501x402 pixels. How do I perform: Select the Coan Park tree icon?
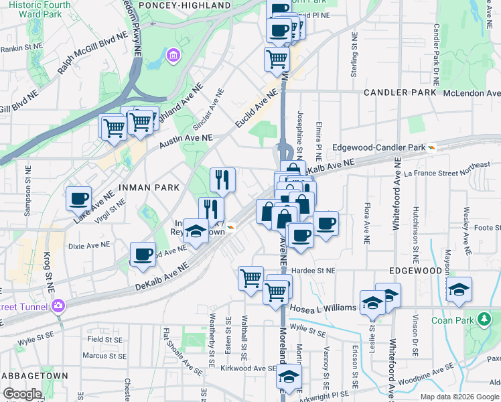pyautogui.click(x=481, y=320)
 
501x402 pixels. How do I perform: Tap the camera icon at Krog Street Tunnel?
pyautogui.click(x=59, y=306)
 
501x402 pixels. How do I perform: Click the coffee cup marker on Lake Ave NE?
pyautogui.click(x=79, y=198)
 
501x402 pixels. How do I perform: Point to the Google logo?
pyautogui.click(x=22, y=394)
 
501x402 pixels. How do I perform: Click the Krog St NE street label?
pyautogui.click(x=47, y=275)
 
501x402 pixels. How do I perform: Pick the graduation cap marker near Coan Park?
pyautogui.click(x=459, y=289)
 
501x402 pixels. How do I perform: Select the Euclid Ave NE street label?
pyautogui.click(x=256, y=109)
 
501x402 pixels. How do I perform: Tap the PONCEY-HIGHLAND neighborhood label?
pyautogui.click(x=190, y=5)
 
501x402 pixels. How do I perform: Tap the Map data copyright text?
pyautogui.click(x=459, y=397)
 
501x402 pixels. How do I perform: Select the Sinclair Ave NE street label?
pyautogui.click(x=216, y=107)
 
